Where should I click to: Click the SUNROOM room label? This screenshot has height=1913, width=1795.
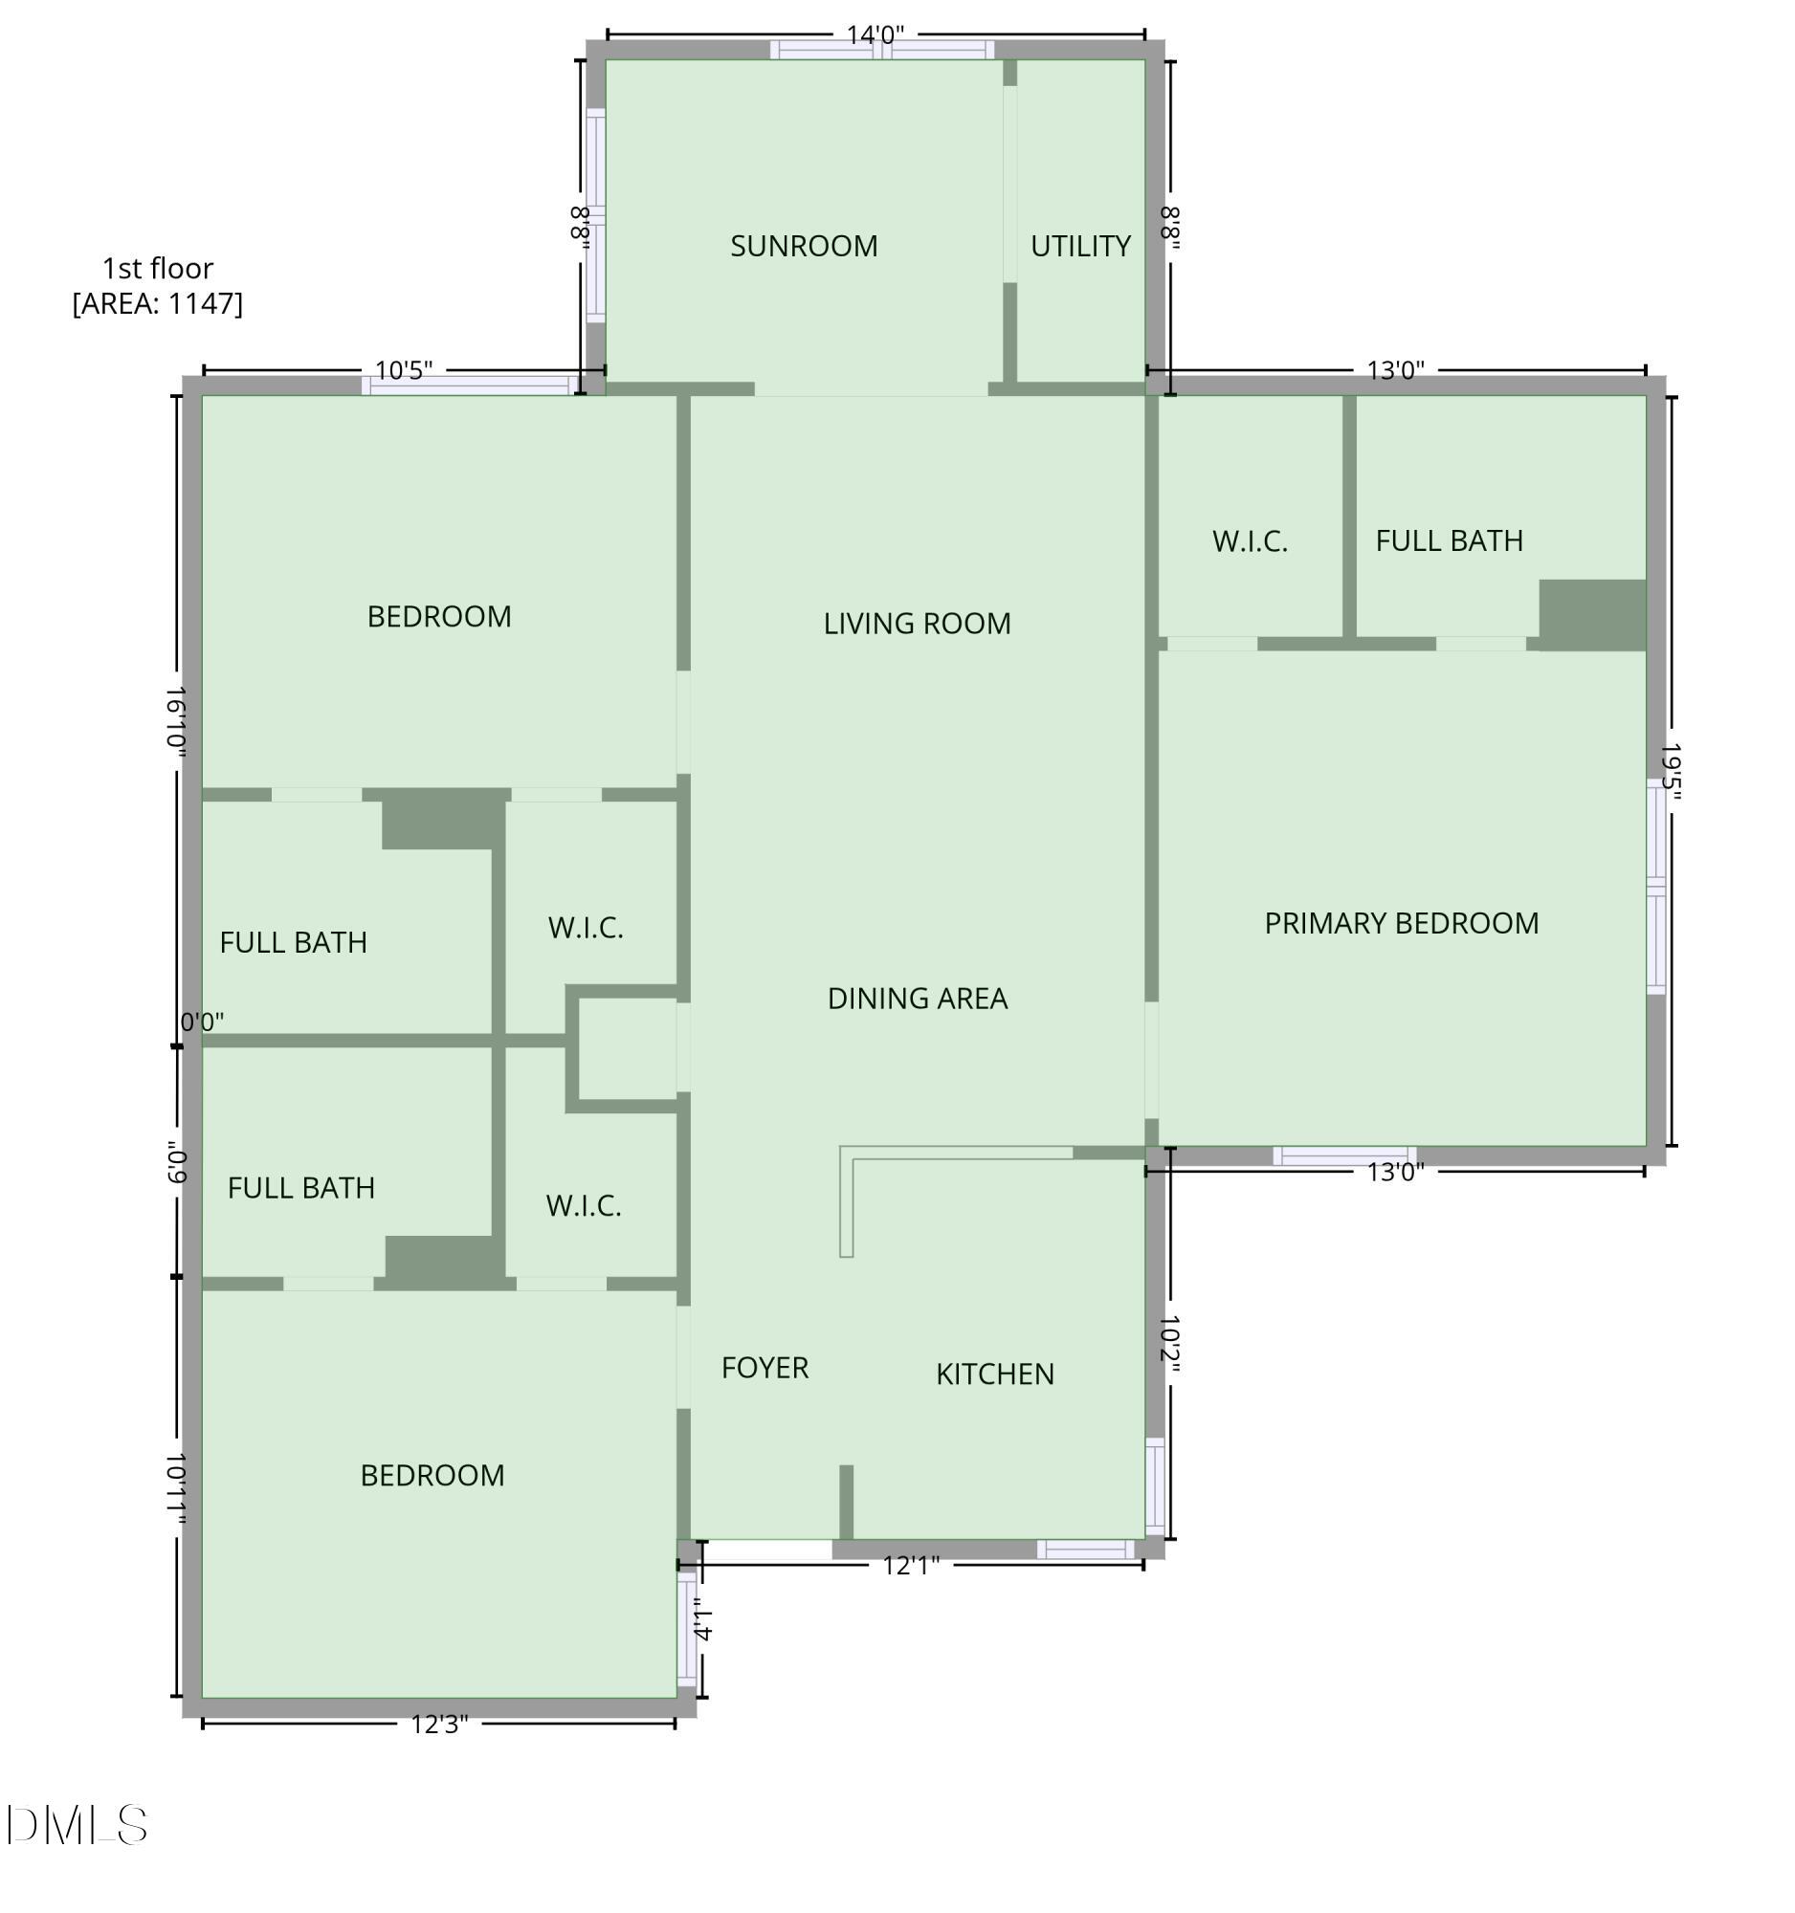804,247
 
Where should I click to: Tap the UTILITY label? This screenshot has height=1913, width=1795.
1080,247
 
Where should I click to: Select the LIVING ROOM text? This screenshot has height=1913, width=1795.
917,624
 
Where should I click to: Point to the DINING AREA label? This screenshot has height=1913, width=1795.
918,999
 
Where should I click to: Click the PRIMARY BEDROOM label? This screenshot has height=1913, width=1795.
1401,924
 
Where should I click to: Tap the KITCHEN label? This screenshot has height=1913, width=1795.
994,1374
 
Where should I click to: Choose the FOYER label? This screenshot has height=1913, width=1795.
765,1368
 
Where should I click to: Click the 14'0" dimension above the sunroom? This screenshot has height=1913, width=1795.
874,35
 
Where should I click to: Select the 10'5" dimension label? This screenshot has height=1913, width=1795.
403,370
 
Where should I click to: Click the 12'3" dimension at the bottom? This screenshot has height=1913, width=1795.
439,1725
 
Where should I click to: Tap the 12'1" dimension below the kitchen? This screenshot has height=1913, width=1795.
910,1566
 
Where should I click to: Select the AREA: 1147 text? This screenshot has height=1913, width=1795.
158,304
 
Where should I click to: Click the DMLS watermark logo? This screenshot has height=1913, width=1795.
77,1825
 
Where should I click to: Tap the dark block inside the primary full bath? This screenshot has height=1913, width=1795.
1592,615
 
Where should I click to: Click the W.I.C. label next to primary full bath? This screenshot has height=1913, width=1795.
1250,541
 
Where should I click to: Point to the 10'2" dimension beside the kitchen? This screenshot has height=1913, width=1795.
1169,1344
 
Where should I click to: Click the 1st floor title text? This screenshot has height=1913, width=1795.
158,269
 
